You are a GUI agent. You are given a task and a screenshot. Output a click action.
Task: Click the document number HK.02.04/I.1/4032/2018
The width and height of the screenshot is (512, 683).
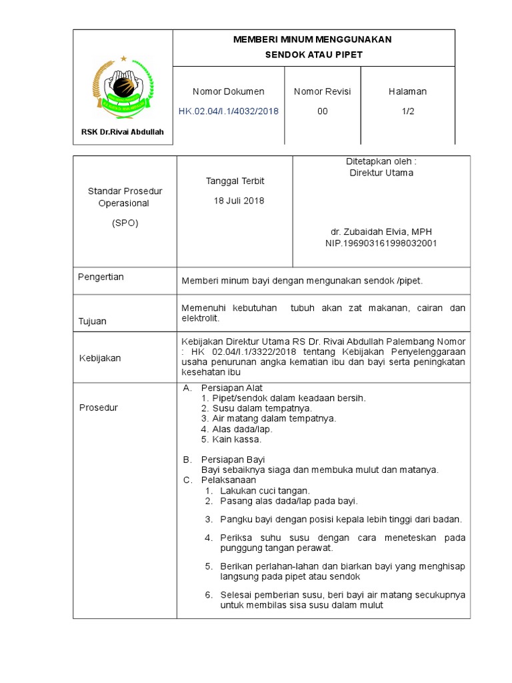(x=229, y=111)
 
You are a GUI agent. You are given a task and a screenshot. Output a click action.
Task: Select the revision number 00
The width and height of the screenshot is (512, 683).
(x=323, y=111)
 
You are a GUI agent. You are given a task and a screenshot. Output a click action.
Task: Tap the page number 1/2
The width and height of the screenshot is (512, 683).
(x=408, y=111)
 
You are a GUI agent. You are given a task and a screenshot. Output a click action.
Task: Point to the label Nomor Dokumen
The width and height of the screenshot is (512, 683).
(x=229, y=91)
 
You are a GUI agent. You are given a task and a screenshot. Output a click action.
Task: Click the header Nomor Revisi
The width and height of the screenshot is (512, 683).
(x=323, y=91)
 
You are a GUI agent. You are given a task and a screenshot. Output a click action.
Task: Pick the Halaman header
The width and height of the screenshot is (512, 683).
(x=408, y=91)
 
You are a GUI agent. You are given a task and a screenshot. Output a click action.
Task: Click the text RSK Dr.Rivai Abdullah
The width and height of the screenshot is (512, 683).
(x=123, y=132)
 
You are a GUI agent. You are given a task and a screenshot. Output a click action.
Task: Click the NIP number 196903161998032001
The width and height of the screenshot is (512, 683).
(x=381, y=243)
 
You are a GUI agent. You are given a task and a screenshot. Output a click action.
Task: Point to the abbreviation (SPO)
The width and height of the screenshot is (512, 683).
(x=125, y=223)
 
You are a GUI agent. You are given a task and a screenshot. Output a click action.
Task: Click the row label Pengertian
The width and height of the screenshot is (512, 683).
(x=101, y=277)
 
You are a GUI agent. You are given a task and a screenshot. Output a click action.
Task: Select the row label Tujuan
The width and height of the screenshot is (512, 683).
(x=93, y=321)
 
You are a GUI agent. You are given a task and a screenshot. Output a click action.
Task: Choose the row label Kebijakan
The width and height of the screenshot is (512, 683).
(x=100, y=358)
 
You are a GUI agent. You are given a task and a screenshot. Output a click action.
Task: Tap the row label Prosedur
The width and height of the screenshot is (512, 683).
(x=99, y=408)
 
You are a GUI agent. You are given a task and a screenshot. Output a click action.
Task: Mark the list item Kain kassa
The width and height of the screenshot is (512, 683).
(x=237, y=440)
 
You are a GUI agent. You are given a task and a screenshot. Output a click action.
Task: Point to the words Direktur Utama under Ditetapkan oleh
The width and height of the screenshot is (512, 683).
(x=381, y=173)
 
